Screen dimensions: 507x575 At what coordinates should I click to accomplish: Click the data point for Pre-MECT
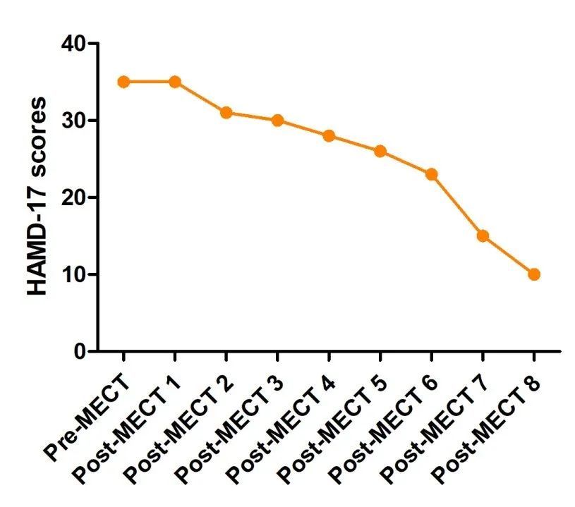[x=123, y=82]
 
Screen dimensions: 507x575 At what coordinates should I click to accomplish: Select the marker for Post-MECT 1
[x=175, y=82]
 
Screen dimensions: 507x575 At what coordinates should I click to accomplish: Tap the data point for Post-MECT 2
[x=226, y=113]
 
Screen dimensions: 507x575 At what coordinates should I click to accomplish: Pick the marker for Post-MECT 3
[x=277, y=121]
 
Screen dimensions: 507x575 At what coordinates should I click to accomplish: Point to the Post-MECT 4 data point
[x=329, y=136]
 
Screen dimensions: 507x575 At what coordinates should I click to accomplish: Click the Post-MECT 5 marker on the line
[x=380, y=151]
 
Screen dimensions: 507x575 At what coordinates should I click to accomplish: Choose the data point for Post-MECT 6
[x=432, y=174]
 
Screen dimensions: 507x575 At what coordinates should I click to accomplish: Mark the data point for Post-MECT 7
[x=483, y=236]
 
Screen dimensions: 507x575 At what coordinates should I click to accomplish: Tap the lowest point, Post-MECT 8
[x=534, y=274]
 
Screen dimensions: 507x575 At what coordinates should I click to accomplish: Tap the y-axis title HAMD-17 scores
[x=37, y=197]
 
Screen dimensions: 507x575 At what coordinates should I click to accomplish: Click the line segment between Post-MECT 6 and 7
[x=457, y=204]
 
